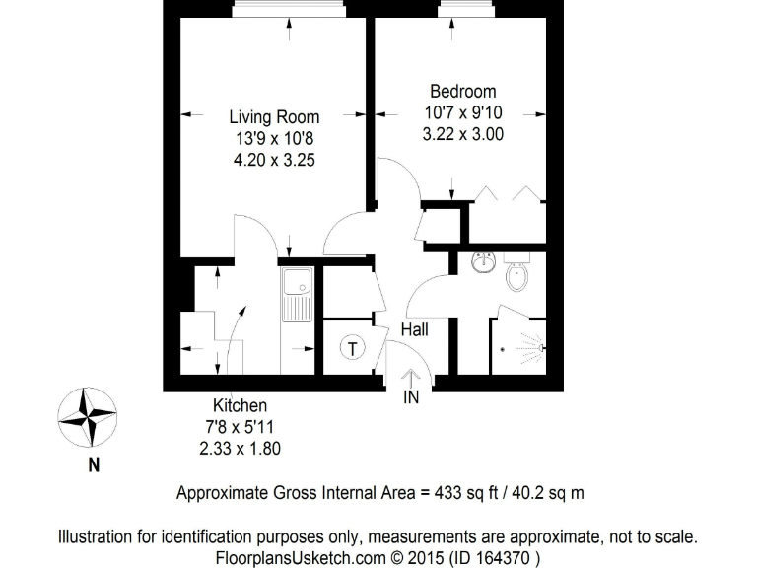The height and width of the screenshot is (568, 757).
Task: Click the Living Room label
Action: pyautogui.click(x=274, y=117)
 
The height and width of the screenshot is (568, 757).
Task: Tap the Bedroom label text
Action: pyautogui.click(x=462, y=93)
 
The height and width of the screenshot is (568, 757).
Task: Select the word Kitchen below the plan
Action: pyautogui.click(x=240, y=405)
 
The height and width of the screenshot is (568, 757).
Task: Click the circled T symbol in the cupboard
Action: pyautogui.click(x=351, y=347)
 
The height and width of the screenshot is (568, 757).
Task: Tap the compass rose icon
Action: pyautogui.click(x=87, y=417)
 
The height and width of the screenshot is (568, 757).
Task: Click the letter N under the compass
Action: pyautogui.click(x=94, y=466)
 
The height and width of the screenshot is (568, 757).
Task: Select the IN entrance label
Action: pyautogui.click(x=411, y=397)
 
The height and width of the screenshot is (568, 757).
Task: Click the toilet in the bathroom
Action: pyautogui.click(x=517, y=275)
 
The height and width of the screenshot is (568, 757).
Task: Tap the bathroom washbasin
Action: pyautogui.click(x=483, y=264)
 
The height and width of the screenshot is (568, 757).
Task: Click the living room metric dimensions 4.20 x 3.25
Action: pyautogui.click(x=274, y=159)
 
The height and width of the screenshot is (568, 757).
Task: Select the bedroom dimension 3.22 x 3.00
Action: pyautogui.click(x=462, y=134)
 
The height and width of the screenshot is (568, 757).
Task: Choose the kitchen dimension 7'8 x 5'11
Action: pyautogui.click(x=240, y=426)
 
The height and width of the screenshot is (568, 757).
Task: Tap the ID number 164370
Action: pyautogui.click(x=507, y=557)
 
